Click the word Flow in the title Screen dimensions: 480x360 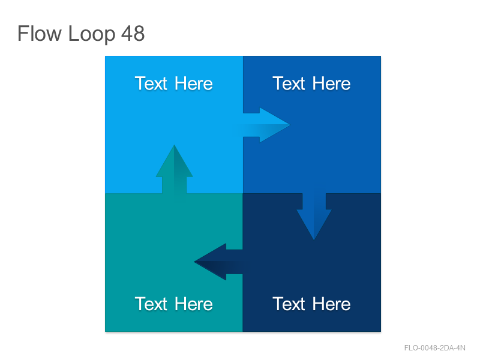(x=40, y=34)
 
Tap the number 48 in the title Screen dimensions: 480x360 (x=133, y=34)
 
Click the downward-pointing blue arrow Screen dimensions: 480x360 (x=314, y=217)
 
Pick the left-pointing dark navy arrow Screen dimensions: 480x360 (x=218, y=262)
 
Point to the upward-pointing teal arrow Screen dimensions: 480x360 (x=174, y=169)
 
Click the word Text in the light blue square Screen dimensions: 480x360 (x=152, y=83)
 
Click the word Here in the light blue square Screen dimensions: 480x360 (x=194, y=83)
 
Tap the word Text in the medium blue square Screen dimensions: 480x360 (x=289, y=83)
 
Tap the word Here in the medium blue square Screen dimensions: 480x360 (x=332, y=83)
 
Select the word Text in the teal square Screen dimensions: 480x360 (x=152, y=304)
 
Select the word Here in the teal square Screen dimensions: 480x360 (x=194, y=304)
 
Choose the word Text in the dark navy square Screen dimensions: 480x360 (x=289, y=304)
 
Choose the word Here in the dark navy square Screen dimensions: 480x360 (x=332, y=304)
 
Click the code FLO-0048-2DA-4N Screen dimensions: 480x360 (x=434, y=348)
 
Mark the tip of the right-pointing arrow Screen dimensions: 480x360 (x=290, y=125)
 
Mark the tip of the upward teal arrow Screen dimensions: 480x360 (x=174, y=145)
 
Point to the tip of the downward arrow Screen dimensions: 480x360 (x=314, y=239)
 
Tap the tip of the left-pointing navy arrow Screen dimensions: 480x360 (x=194, y=262)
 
